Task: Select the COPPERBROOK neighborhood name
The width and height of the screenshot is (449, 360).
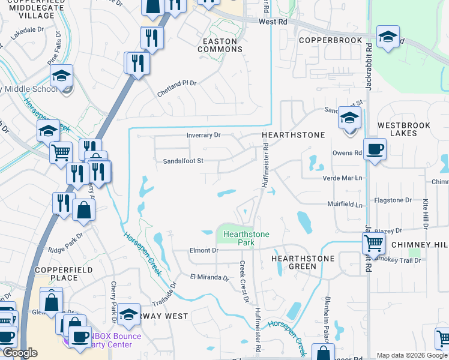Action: [331, 40]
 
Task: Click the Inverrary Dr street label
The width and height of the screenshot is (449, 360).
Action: [203, 135]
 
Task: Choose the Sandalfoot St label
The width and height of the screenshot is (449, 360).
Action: [184, 161]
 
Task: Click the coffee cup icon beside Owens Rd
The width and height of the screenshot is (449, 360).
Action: [375, 149]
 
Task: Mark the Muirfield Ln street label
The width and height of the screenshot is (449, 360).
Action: [345, 205]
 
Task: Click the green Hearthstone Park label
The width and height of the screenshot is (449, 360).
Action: [247, 238]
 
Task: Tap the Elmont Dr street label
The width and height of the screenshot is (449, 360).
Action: [203, 250]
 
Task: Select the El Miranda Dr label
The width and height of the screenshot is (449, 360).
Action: [209, 278]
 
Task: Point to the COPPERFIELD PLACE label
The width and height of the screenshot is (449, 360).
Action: [65, 274]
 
